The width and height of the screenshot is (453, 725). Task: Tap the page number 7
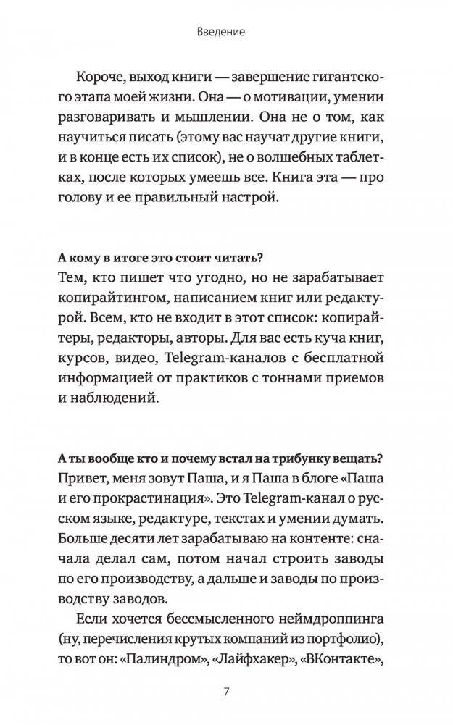click(x=226, y=691)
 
